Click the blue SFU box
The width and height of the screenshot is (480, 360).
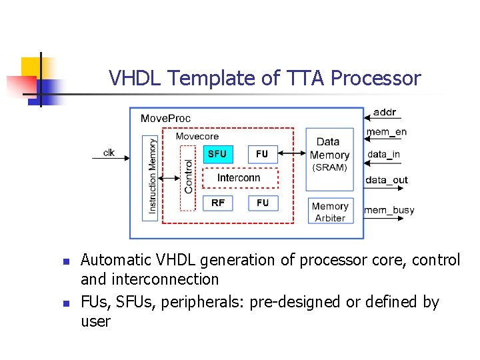pyautogui.click(x=218, y=154)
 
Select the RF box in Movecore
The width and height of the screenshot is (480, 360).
pyautogui.click(x=218, y=203)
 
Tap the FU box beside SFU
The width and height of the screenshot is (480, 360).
pyautogui.click(x=262, y=154)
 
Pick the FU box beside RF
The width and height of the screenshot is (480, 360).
pyautogui.click(x=262, y=203)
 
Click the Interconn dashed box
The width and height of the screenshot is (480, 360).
pyautogui.click(x=239, y=178)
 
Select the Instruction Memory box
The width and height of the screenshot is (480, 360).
pyautogui.click(x=151, y=177)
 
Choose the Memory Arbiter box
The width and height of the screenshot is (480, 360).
pyautogui.click(x=329, y=212)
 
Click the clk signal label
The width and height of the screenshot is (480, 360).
pyautogui.click(x=109, y=153)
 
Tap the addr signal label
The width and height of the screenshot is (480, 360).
pyautogui.click(x=384, y=112)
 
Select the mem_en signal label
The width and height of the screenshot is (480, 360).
pyautogui.click(x=386, y=132)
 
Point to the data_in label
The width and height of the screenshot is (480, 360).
pyautogui.click(x=383, y=155)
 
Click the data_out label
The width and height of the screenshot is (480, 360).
pyautogui.click(x=386, y=180)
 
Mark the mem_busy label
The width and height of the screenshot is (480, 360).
pyautogui.click(x=389, y=210)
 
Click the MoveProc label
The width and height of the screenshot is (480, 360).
pyautogui.click(x=165, y=119)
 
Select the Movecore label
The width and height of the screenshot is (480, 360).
pyautogui.click(x=197, y=136)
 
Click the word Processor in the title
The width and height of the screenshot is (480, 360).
pyautogui.click(x=376, y=79)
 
